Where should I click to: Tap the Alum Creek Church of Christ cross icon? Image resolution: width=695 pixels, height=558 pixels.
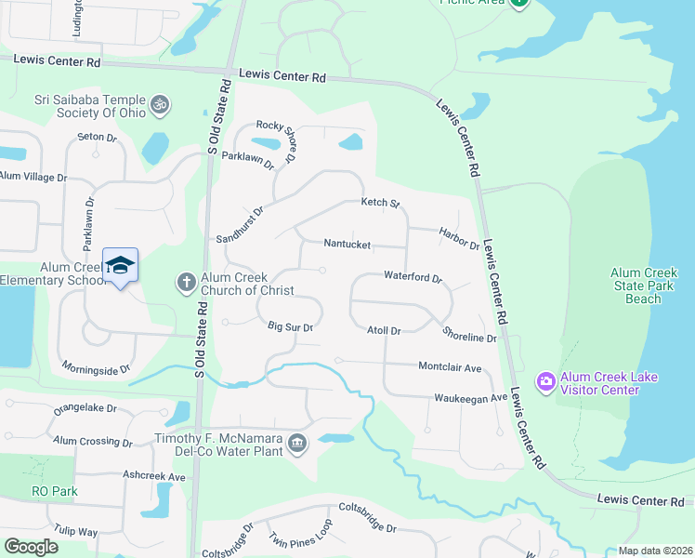coord(186,281)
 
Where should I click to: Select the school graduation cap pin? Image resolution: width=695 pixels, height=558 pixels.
coord(120,266)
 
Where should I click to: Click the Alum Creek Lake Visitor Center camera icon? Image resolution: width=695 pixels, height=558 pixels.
coord(545,381)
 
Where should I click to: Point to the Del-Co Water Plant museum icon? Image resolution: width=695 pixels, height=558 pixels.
coord(297,443)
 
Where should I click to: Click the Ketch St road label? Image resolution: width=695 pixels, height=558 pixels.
coord(380,203)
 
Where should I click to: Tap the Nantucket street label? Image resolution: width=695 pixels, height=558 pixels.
coord(347,245)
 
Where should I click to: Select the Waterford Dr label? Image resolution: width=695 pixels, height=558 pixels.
coord(413,276)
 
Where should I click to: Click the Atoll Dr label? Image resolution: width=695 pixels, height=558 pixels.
coord(383,330)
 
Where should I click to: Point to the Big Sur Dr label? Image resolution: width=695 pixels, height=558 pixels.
coord(290,327)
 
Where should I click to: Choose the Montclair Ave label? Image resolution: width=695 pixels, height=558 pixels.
coord(450,367)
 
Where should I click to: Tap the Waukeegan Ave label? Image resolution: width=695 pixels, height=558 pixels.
coord(470,398)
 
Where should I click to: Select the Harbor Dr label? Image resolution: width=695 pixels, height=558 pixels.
coord(459,240)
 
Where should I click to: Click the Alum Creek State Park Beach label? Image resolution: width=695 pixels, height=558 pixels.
coord(642,286)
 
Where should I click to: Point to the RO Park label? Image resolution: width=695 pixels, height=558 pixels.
coord(55,491)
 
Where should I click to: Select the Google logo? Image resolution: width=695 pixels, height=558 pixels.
coord(31,546)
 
